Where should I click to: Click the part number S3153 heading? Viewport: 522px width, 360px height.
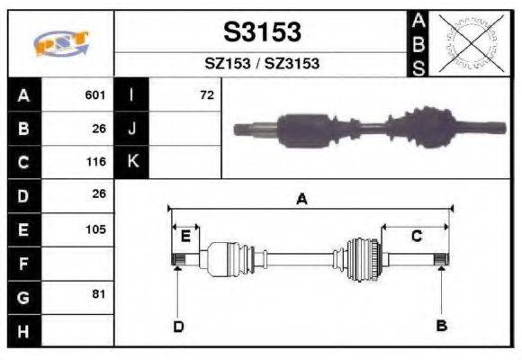pos(262,32)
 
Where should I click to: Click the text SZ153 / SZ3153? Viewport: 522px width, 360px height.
pos(262,64)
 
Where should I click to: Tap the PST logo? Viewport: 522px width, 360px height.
pos(59,44)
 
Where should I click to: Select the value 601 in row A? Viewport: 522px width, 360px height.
pos(95,94)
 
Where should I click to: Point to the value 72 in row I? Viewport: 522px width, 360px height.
pos(207,94)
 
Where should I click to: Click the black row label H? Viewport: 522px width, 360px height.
pos(23,330)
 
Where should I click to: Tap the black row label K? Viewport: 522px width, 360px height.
pos(131,162)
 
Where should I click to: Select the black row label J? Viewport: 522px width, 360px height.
pos(131,128)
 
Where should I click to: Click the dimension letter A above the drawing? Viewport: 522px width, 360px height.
pos(302,200)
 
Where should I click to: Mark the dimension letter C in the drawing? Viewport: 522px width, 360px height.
pos(417,236)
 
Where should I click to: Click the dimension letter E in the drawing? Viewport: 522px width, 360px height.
pos(185,237)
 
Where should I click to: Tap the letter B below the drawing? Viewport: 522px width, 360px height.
pos(441,325)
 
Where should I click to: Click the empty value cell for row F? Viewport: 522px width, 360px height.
pos(78,263)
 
